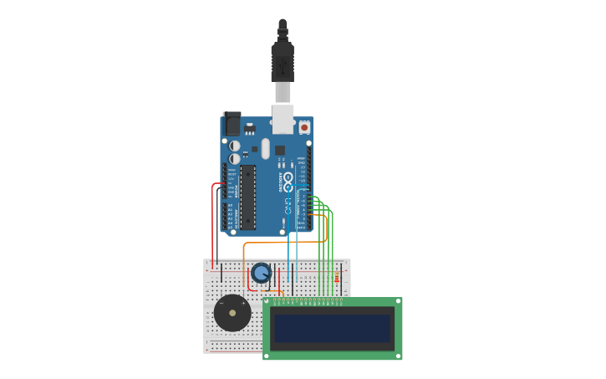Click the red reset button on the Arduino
pyautogui.click(x=304, y=127)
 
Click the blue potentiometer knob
pyautogui.click(x=262, y=273)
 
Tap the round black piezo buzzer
pyautogui.click(x=232, y=314)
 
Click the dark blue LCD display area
pyautogui.click(x=333, y=328)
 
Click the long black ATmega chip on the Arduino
pyautogui.click(x=247, y=197)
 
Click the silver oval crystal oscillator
pyautogui.click(x=266, y=149)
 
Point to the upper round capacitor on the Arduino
pyautogui.click(x=235, y=146)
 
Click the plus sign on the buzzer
pyautogui.click(x=244, y=302)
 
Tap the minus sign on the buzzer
pyautogui.click(x=221, y=302)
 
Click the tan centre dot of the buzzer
pyautogui.click(x=232, y=314)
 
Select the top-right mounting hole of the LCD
pyautogui.click(x=398, y=302)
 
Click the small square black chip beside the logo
pyautogui.click(x=279, y=151)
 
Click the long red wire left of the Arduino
pyautogui.click(x=213, y=226)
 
